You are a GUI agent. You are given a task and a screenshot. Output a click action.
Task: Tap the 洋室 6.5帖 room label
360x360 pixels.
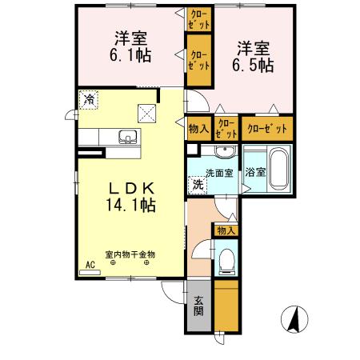(x=254, y=54)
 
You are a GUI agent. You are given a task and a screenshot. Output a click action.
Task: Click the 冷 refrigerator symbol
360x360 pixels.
(x=90, y=101)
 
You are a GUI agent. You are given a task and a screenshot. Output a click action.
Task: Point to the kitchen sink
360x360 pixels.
(x=126, y=136)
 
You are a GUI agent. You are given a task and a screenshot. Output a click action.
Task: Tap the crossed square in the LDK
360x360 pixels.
(x=146, y=113)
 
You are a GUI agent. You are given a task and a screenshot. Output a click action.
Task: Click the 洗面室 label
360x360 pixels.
(x=218, y=174)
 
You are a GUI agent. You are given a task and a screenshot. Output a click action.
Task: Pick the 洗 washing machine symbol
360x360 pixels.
(x=197, y=185)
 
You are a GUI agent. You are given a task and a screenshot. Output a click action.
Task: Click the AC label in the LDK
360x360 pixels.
(x=90, y=264)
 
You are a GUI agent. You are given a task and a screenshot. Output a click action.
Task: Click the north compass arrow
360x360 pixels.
(x=295, y=321)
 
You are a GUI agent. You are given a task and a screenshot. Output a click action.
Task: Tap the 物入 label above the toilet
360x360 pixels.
(x=226, y=230)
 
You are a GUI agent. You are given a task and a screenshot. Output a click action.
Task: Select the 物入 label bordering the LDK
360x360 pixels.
(x=198, y=129)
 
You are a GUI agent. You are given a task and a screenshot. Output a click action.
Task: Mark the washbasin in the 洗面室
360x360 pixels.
(x=222, y=152)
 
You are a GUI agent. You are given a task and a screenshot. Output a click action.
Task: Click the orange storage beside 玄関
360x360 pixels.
(x=226, y=306)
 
